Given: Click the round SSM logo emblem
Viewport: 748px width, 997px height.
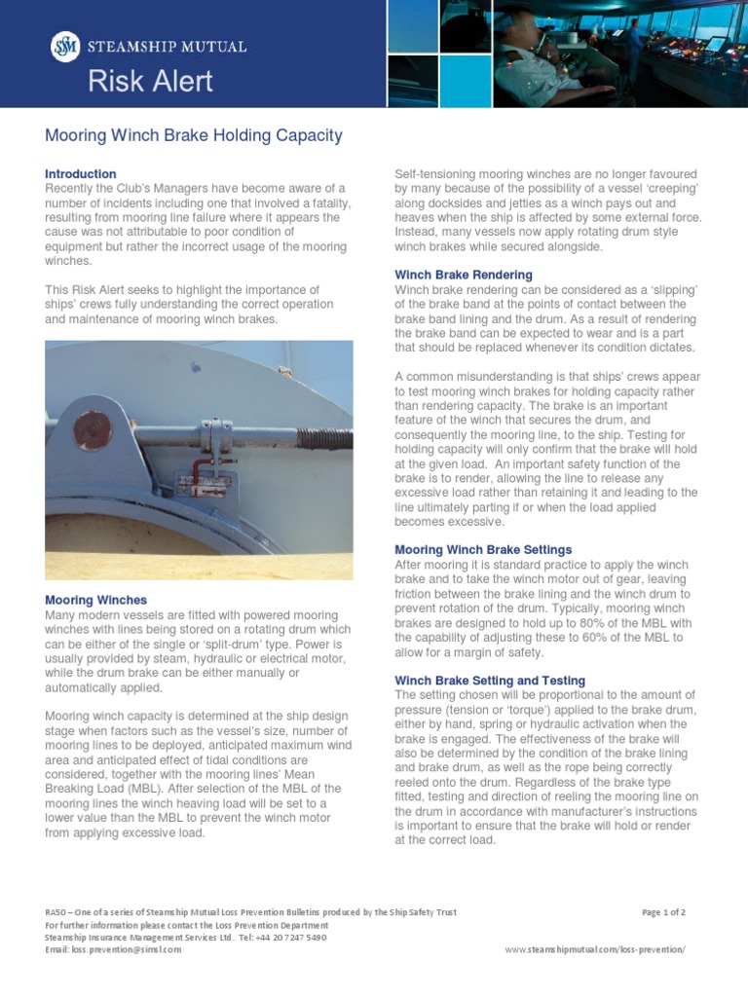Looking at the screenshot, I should pyautogui.click(x=64, y=47).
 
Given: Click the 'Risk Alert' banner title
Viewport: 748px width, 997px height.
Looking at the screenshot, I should pyautogui.click(x=150, y=82).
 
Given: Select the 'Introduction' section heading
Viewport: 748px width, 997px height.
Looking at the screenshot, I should pyautogui.click(x=81, y=174).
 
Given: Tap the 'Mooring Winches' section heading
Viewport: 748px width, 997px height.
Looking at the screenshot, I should pyautogui.click(x=96, y=600).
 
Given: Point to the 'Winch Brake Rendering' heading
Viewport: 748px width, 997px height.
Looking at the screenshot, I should pyautogui.click(x=463, y=276).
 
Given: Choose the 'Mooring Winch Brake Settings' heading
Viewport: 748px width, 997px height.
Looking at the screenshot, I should pyautogui.click(x=483, y=550).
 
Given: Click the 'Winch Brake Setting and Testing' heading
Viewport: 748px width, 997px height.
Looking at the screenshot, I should pyautogui.click(x=489, y=681).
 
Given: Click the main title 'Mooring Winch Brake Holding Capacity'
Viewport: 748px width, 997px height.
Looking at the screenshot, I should pyautogui.click(x=194, y=135).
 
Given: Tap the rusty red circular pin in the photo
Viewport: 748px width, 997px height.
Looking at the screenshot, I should pyautogui.click(x=93, y=429).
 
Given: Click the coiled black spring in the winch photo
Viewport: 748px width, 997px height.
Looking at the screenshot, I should pyautogui.click(x=324, y=438).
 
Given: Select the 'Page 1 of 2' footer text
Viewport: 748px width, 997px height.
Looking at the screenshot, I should pyautogui.click(x=664, y=912).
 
